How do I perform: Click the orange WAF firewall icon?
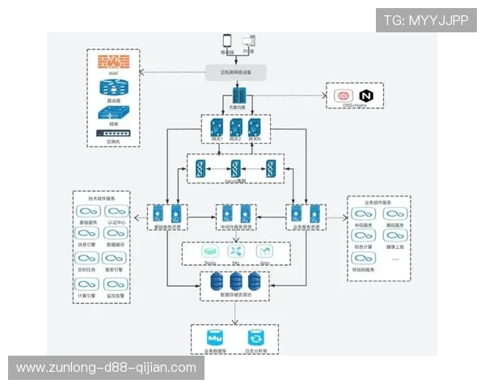113,61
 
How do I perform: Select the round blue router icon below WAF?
113,88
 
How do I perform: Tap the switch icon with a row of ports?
113,134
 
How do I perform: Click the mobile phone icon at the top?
228,41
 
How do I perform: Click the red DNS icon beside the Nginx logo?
342,96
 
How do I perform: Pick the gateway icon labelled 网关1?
215,129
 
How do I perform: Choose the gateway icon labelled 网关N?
255,129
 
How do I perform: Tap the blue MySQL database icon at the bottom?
216,338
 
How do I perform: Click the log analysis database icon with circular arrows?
255,338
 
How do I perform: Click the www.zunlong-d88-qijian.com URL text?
106,368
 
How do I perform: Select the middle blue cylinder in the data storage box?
236,281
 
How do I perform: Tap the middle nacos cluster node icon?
236,169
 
